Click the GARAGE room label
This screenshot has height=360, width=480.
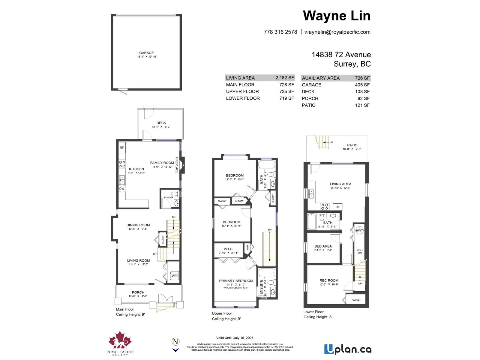click(146, 53)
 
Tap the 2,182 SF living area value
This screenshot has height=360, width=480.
click(285, 78)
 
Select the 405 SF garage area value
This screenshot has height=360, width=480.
click(362, 85)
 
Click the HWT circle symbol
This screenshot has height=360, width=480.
click(359, 231)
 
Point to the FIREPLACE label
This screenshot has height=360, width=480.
click(177, 165)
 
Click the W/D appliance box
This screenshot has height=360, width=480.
click(174, 276)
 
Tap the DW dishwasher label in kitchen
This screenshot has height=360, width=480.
click(122, 189)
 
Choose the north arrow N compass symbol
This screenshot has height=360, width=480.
click(176, 341)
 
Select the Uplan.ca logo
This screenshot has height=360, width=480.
click(348, 349)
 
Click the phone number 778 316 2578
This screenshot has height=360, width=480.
click(280, 32)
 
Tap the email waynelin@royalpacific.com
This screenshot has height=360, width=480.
click(337, 32)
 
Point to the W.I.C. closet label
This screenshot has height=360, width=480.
click(228, 249)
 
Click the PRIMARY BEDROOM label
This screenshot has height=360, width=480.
click(236, 281)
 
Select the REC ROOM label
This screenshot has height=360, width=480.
click(329, 280)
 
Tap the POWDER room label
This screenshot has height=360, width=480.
click(169, 197)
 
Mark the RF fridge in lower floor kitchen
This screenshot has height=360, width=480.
click(337, 207)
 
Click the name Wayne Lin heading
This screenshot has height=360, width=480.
click(337, 16)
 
